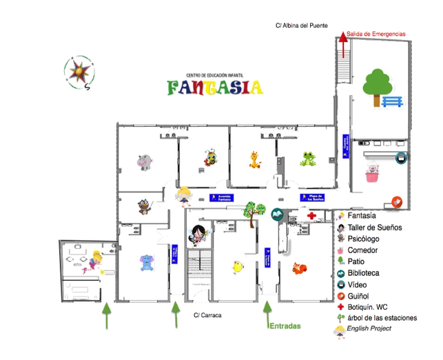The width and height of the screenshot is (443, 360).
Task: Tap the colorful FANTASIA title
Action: pyautogui.click(x=214, y=88)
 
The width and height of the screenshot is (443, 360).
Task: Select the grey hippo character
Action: pyautogui.click(x=144, y=162)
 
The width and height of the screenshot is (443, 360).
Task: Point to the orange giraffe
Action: pyautogui.click(x=255, y=159)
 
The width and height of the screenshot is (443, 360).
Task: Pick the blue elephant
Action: pyautogui.click(x=145, y=262)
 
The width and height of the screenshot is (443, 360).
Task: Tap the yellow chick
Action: pyautogui.click(x=237, y=266)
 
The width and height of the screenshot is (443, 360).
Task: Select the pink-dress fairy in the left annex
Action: pyautogui.click(x=95, y=260)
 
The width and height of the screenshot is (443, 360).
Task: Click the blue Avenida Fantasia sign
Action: pyautogui.click(x=221, y=197)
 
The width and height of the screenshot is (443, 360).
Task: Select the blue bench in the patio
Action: pyautogui.click(x=391, y=102)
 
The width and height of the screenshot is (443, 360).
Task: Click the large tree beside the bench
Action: pyautogui.click(x=375, y=85)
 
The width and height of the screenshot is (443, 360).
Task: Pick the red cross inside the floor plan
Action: pyautogui.click(x=313, y=216)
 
